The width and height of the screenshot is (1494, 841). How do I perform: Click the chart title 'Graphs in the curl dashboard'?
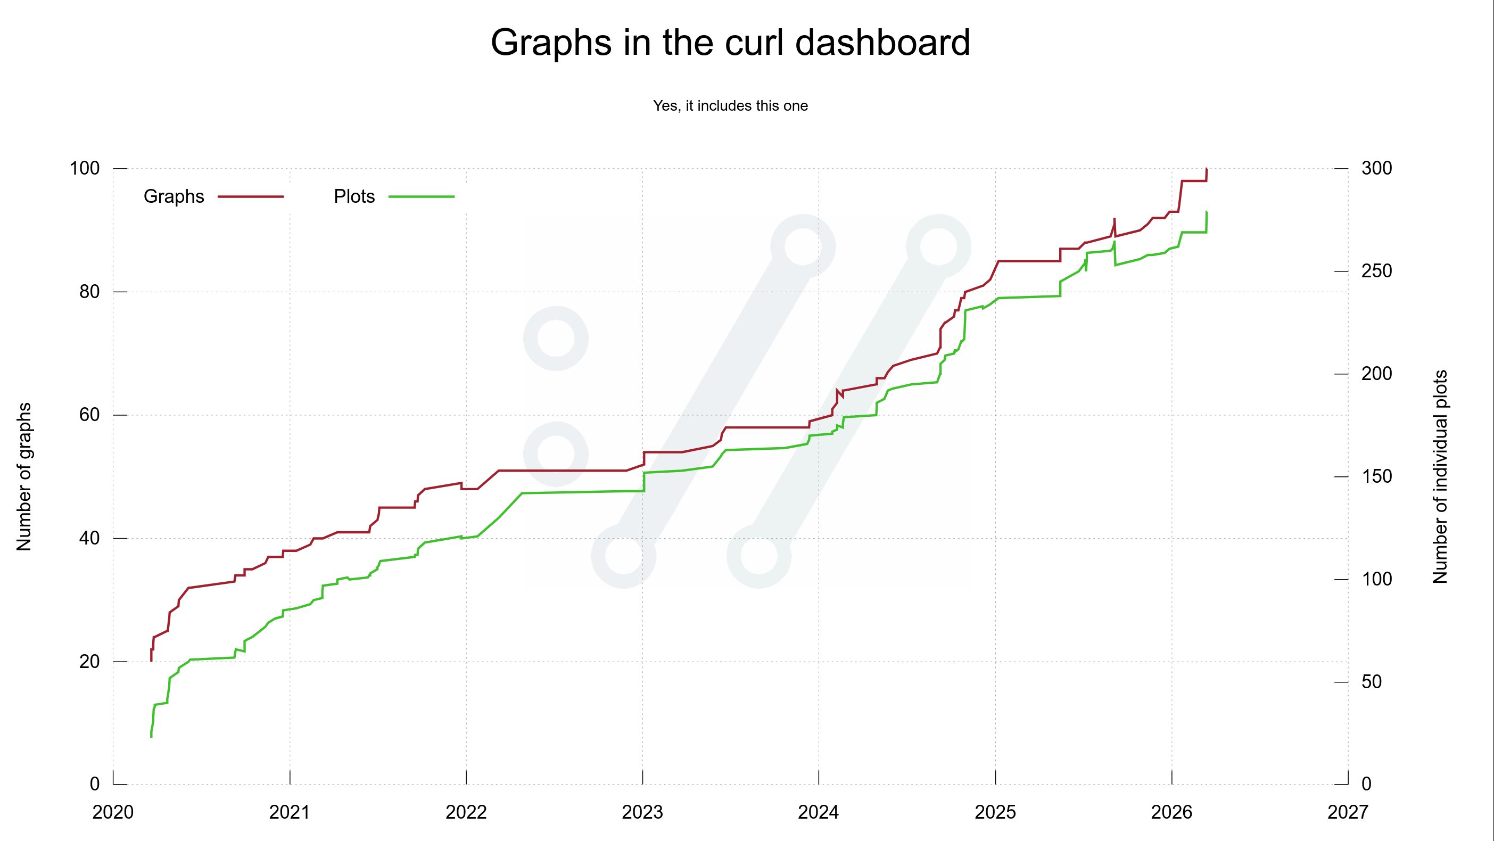(730, 43)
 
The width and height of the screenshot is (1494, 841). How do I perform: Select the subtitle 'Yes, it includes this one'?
(730, 106)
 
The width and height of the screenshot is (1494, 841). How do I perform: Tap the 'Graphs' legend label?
(174, 196)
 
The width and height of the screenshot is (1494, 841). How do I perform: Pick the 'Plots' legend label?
(354, 196)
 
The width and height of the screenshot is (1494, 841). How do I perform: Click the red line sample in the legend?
(251, 197)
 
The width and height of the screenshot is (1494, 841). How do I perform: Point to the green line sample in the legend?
(421, 197)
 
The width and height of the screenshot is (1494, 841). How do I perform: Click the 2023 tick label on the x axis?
(642, 813)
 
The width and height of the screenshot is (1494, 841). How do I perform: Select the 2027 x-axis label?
(1347, 813)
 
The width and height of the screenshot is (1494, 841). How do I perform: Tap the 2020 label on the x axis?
(113, 813)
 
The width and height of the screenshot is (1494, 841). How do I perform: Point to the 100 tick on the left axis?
(85, 169)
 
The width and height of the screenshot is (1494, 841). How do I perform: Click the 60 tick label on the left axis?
(89, 415)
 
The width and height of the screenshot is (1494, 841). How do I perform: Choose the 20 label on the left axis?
(89, 662)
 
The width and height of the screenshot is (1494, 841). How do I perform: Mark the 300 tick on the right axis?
(1376, 169)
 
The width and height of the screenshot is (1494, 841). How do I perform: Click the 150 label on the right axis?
(1376, 477)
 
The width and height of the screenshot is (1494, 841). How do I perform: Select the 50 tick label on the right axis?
(1372, 682)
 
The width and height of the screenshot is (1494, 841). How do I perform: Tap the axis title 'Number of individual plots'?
(1440, 477)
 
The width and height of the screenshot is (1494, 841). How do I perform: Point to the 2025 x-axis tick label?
(995, 813)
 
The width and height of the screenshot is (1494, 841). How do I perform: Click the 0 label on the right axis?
(1366, 784)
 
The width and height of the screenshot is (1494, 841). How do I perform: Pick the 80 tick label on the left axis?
(89, 292)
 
